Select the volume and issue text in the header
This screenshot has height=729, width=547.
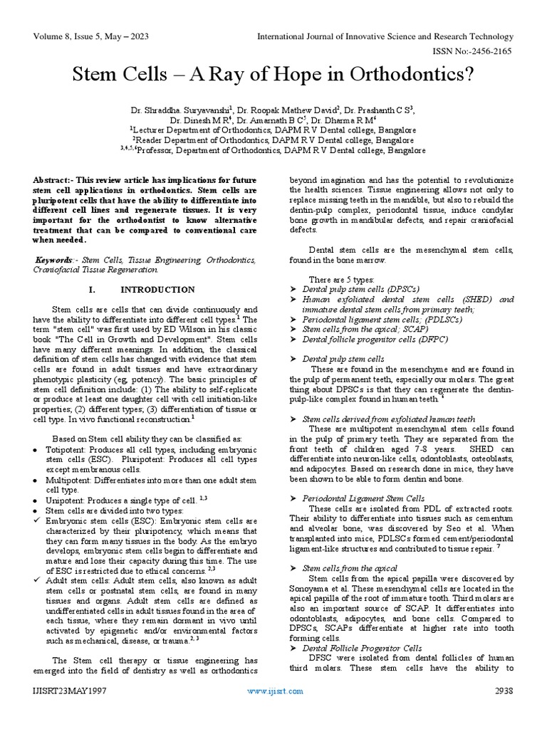pyautogui.click(x=85, y=36)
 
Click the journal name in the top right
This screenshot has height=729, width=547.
pyautogui.click(x=385, y=36)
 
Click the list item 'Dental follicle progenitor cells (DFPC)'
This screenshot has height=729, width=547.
pyautogui.click(x=375, y=340)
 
